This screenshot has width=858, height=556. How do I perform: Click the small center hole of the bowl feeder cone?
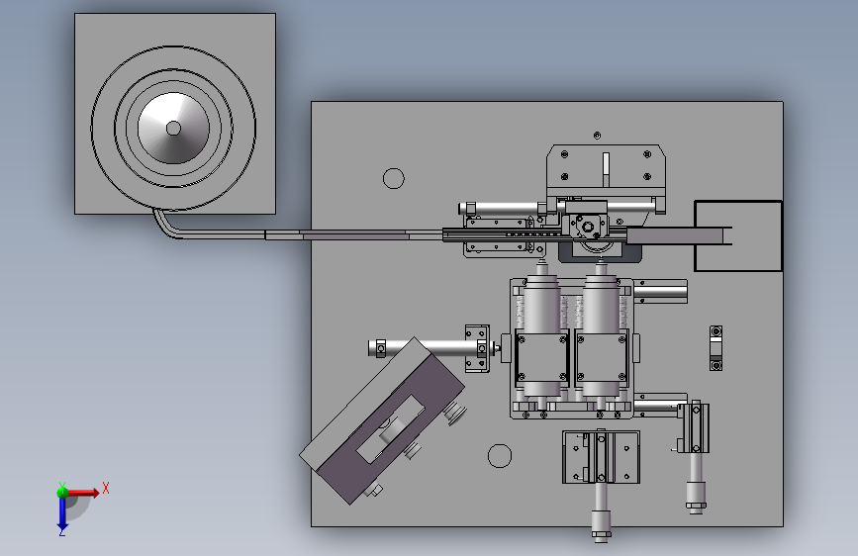coord(173,128)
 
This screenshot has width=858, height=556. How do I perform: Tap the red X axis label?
coord(106,488)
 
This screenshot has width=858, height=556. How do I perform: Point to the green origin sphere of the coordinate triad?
coord(62,493)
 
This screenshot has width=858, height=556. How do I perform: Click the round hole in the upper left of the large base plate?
coord(394,178)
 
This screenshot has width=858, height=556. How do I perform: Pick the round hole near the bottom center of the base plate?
coord(500,456)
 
